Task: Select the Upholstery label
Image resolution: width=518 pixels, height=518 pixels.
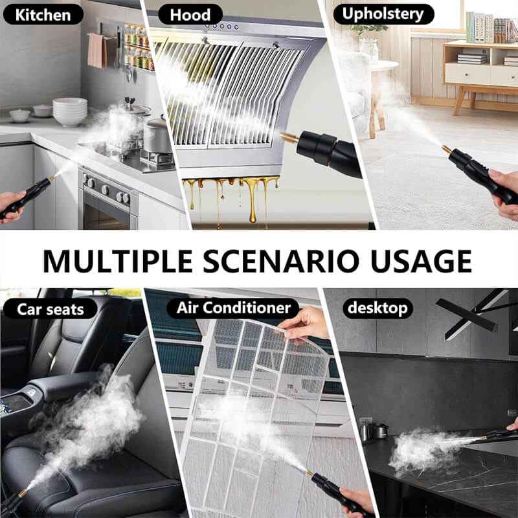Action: coord(383,14)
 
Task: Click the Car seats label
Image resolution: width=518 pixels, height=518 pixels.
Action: coord(51,308)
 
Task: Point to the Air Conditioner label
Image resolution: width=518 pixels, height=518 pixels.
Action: coord(234,308)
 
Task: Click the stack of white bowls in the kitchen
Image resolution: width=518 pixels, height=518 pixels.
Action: coord(69,111)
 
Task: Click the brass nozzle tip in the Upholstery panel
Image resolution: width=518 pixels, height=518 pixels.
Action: coord(447,150)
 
